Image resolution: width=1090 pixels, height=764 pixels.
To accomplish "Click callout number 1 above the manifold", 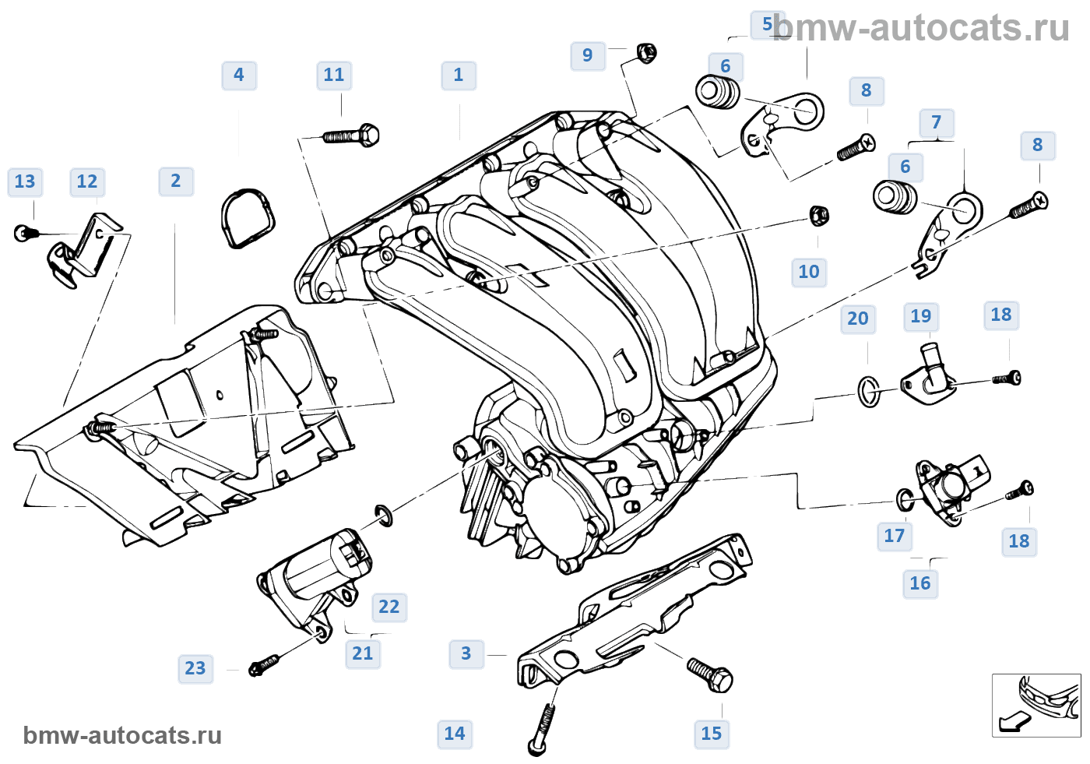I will [x=459, y=76].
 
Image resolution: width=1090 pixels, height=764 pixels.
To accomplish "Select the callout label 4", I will [x=239, y=76].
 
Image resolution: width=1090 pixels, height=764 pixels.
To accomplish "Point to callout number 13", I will [x=25, y=182].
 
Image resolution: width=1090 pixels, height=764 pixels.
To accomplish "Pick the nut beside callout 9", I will [x=645, y=53].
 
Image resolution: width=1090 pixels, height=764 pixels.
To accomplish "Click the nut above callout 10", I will [x=818, y=215].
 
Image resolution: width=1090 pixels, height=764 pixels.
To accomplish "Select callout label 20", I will [x=858, y=319].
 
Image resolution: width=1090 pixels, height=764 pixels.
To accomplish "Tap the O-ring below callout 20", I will [x=870, y=391].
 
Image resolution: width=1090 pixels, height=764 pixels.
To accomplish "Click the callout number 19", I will [x=921, y=316].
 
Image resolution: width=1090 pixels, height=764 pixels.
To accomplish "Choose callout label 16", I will [x=920, y=583].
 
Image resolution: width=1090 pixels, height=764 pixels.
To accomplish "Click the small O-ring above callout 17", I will [x=905, y=499].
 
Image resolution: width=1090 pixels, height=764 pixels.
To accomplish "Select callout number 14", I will [x=455, y=734].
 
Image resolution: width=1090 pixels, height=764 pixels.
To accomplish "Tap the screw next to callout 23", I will [x=263, y=665].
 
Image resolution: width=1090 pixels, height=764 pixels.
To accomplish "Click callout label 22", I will [x=389, y=607].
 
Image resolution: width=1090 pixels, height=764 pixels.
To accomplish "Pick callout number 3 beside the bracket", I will [x=466, y=653].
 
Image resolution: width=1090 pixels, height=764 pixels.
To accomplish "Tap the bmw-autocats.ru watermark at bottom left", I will [x=122, y=736].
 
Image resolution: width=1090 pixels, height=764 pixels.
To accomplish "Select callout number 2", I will [x=176, y=181].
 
